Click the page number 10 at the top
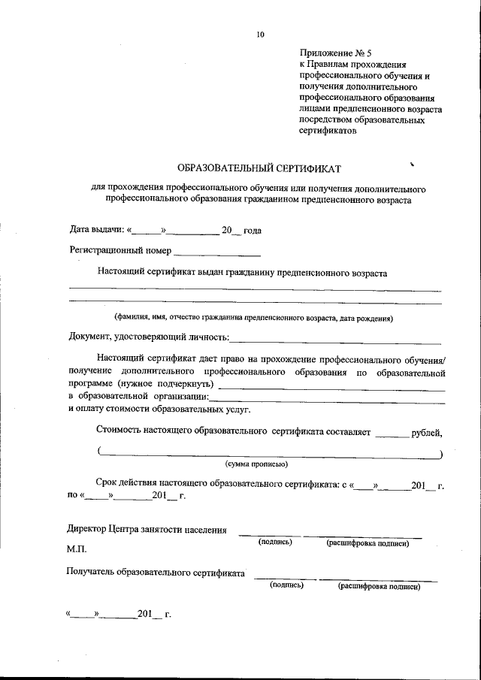(x=260, y=34)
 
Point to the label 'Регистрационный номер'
(x=120, y=250)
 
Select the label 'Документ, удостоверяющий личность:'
(x=149, y=337)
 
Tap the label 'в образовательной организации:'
(x=138, y=397)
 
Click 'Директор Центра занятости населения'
(x=147, y=529)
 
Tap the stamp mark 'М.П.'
(x=77, y=550)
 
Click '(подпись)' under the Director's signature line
(x=275, y=542)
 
